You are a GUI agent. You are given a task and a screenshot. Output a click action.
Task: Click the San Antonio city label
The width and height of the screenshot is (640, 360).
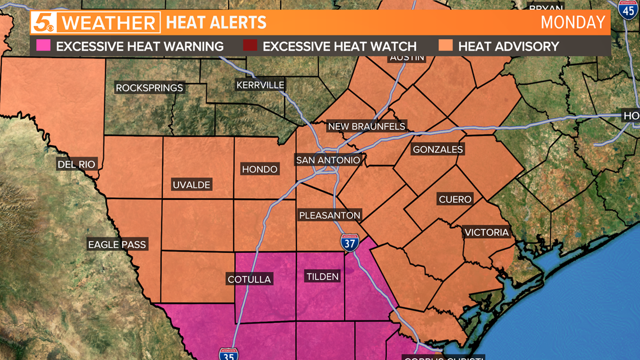(x=328, y=160)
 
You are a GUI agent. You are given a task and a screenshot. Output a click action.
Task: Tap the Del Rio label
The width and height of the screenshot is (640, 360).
(x=77, y=164)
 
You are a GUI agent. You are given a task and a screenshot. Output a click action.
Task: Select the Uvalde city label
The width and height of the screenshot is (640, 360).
(x=191, y=185)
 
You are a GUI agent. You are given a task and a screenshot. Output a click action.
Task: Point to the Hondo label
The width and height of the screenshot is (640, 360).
(x=259, y=169)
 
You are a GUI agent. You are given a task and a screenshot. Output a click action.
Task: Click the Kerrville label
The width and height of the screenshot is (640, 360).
(x=260, y=85)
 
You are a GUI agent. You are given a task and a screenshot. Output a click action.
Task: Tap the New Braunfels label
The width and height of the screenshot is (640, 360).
(x=367, y=126)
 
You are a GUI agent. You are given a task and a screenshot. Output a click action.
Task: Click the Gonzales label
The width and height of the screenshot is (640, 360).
(x=438, y=149)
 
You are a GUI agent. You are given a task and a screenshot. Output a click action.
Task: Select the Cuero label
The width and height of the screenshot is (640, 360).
(x=455, y=199)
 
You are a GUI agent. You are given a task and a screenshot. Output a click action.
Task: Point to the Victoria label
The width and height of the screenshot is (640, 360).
(x=487, y=233)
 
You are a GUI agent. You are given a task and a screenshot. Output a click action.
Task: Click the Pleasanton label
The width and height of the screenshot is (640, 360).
(x=330, y=215)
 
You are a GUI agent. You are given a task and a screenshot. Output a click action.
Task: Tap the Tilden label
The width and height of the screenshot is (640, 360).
(x=322, y=276)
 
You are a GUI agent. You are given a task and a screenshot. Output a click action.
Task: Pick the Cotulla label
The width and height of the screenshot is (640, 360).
(x=249, y=279)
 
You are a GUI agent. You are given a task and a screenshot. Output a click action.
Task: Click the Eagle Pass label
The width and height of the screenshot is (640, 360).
(x=117, y=244)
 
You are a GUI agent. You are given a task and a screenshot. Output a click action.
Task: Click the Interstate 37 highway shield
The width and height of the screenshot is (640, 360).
(x=349, y=243)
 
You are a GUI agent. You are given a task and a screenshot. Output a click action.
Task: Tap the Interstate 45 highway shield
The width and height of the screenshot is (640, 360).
(x=628, y=10)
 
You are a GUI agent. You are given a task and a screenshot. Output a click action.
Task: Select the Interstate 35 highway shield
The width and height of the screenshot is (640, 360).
(x=228, y=354)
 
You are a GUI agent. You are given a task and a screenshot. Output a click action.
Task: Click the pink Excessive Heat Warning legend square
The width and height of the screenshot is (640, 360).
(x=44, y=46)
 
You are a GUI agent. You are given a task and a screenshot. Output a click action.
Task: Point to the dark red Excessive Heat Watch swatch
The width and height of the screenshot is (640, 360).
(x=250, y=46)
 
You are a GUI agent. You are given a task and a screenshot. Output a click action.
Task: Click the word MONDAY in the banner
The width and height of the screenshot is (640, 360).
(x=573, y=22)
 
